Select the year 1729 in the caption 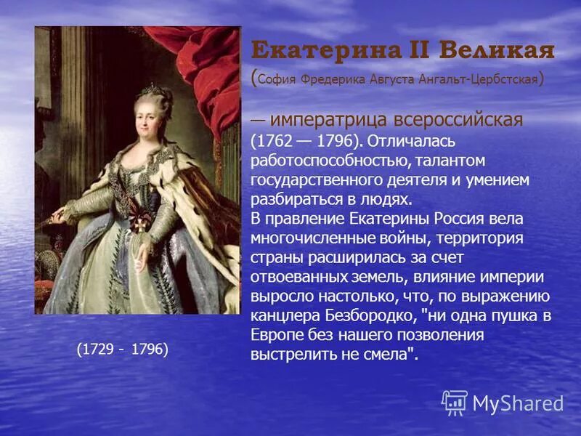pos(96,350)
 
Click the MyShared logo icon pos(455,403)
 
